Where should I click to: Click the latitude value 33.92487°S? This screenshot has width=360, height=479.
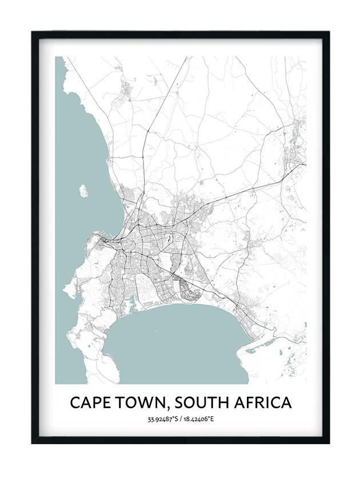(x=162, y=420)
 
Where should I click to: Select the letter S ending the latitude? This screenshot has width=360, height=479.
(x=175, y=420)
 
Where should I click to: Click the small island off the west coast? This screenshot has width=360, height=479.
(x=83, y=191)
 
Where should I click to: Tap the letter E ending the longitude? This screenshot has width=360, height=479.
(x=212, y=420)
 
